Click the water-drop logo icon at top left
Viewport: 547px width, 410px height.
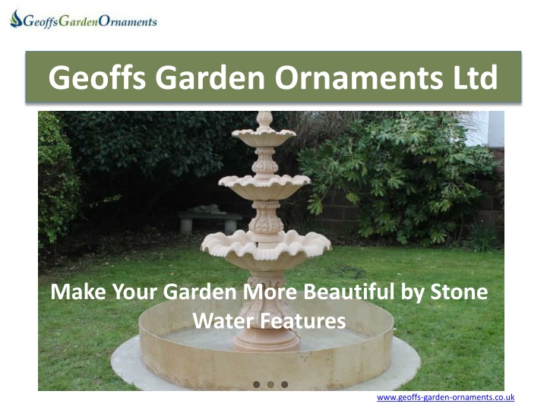(x=16, y=19)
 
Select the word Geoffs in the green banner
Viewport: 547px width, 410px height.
(x=97, y=77)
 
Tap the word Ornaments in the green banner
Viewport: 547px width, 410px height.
(x=359, y=77)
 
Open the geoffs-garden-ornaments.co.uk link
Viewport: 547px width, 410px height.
(x=445, y=397)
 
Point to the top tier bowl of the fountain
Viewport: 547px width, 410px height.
(x=264, y=137)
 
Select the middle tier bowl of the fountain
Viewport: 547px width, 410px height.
(x=264, y=187)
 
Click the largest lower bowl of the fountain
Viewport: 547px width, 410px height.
(x=266, y=248)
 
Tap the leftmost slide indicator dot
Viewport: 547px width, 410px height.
(x=257, y=384)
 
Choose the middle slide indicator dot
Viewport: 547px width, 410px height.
(x=270, y=384)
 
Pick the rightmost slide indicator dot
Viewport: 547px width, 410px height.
(x=285, y=384)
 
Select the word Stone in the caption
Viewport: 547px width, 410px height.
(x=459, y=292)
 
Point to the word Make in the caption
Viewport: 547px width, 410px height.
(x=78, y=292)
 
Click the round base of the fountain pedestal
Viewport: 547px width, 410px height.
(x=267, y=340)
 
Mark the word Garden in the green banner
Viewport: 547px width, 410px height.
(x=210, y=77)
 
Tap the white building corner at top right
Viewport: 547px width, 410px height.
(x=489, y=128)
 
